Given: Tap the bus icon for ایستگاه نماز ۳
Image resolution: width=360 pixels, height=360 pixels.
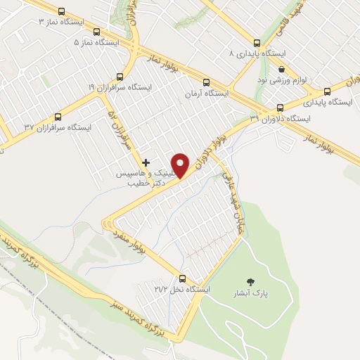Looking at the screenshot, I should (62, 12).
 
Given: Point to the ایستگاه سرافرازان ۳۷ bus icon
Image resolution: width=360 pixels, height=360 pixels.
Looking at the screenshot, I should (58, 117).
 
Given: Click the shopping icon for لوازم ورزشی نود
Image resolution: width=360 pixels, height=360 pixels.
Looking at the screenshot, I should (282, 69).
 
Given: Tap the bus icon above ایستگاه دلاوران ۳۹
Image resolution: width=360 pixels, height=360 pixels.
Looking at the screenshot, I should (281, 108).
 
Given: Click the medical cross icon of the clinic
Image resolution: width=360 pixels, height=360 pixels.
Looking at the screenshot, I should (146, 162).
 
